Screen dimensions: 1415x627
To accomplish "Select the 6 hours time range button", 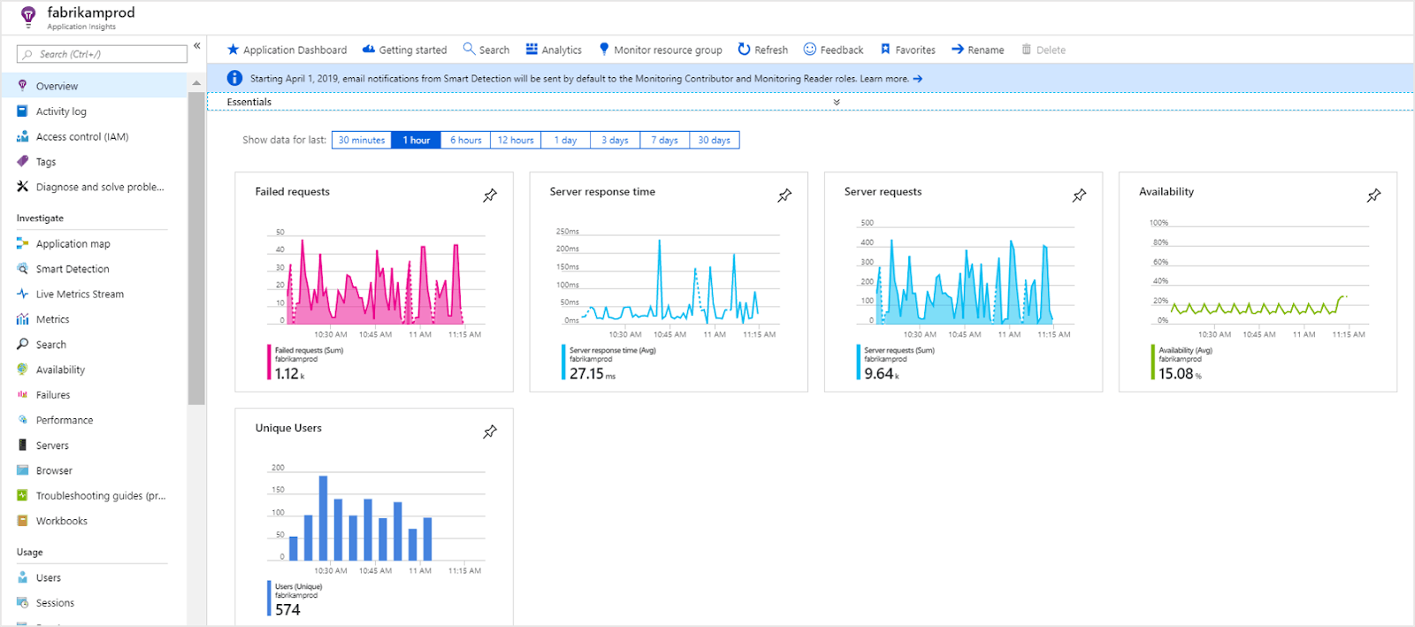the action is pos(465,141).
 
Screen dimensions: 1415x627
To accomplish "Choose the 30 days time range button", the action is pos(715,141).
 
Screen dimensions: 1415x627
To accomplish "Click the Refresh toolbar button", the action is pos(762,50).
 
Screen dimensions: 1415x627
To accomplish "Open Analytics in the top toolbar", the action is pos(554,50).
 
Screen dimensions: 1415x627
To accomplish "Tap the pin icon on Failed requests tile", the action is pos(490,195).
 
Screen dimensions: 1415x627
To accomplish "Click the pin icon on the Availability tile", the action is pos(1373,195).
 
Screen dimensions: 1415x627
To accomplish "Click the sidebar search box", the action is pos(102,54).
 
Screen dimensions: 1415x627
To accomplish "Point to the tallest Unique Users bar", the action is pos(323,517).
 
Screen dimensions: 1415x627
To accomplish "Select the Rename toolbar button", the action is pos(977,50).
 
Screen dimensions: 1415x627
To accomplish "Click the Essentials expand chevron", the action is pos(837,103).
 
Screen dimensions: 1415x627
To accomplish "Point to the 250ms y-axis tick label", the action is pos(567,232).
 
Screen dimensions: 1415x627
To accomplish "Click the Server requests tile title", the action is pos(883,191).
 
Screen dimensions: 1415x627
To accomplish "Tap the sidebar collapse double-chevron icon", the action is pos(197,45).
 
